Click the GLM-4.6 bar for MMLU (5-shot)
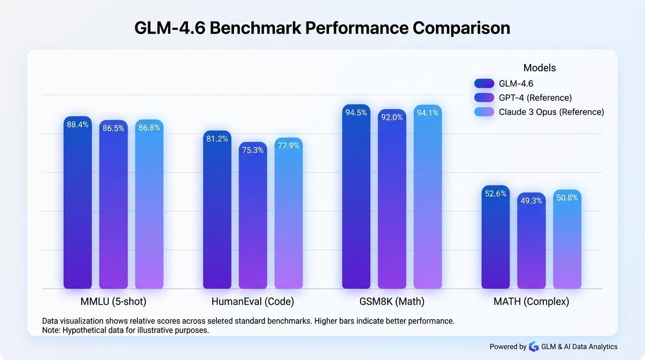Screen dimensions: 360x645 coord(77,206)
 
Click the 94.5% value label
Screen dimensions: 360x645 coord(356,112)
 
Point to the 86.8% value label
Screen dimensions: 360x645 coord(149,127)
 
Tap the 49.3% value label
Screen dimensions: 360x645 coord(531,201)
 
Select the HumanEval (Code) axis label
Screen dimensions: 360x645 coord(253,302)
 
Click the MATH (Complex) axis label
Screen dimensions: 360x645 coord(531,302)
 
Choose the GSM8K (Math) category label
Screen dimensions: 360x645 coord(392,302)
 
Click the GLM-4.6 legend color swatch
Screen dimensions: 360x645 coord(484,83)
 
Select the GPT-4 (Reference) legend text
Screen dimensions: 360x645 coord(535,97)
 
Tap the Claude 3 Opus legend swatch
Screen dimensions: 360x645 coord(484,112)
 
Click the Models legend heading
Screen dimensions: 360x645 coord(540,68)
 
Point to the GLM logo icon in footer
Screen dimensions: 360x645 coord(534,347)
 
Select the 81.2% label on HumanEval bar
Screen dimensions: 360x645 coord(217,139)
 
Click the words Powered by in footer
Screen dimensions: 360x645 coord(508,347)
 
